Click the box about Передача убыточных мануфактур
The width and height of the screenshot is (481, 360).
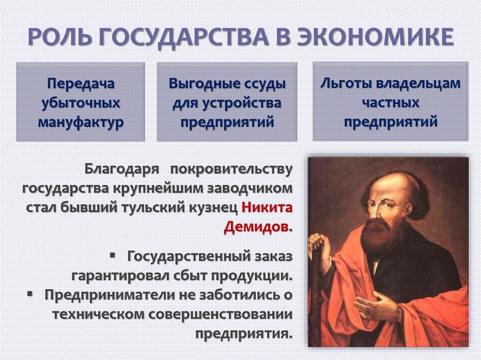pos(80,102)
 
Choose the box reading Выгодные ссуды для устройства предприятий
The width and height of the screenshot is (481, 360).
pos(227,102)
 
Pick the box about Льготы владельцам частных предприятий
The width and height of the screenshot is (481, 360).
pos(390,102)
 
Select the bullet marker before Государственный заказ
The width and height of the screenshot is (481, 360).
pos(113,256)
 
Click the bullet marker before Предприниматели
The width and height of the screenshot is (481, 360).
pos(31,294)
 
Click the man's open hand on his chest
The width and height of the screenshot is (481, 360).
pos(376,307)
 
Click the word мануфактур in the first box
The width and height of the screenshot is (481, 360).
pos(80,122)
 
